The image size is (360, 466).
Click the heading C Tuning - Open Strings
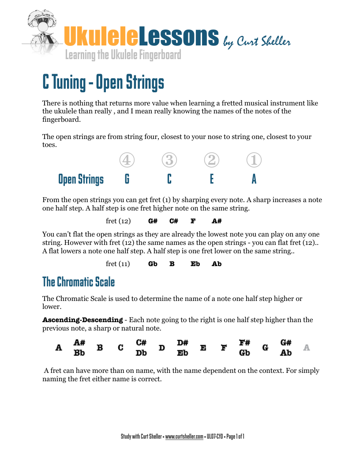click(x=103, y=82)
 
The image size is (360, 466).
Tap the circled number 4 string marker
click(x=127, y=161)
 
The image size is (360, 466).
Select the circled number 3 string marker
click(x=169, y=161)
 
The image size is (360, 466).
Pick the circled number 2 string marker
click(x=212, y=161)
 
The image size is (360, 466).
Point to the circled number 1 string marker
click(x=254, y=161)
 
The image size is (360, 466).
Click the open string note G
click(x=127, y=179)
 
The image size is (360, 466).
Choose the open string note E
click(x=212, y=179)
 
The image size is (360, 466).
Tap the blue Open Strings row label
click(x=81, y=179)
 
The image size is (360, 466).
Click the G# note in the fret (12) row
click(x=153, y=221)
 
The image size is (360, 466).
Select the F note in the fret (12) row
click(x=193, y=221)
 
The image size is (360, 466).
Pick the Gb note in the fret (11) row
click(x=153, y=264)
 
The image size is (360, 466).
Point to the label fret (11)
click(x=118, y=264)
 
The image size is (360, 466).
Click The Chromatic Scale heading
click(x=79, y=282)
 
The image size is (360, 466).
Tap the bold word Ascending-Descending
click(x=82, y=319)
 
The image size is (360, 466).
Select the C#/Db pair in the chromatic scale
click(x=141, y=348)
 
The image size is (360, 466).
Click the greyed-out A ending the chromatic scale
click(x=307, y=348)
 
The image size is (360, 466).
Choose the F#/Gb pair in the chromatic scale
click(x=244, y=348)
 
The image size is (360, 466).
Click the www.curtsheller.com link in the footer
click(x=184, y=436)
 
